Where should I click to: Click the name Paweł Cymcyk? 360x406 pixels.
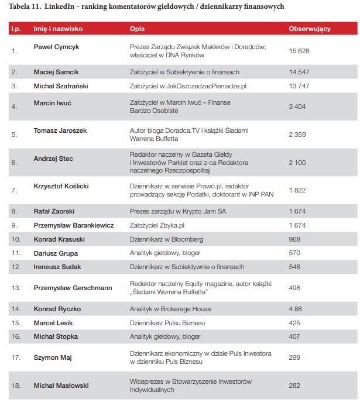point(56,46)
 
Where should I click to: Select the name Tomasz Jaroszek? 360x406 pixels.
point(60,130)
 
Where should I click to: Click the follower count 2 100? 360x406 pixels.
point(297,163)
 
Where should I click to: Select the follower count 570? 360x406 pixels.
point(294,253)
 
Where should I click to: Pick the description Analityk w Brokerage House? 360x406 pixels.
point(170,309)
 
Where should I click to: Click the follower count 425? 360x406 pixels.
point(294,322)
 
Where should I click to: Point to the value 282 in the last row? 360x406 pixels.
point(294,386)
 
